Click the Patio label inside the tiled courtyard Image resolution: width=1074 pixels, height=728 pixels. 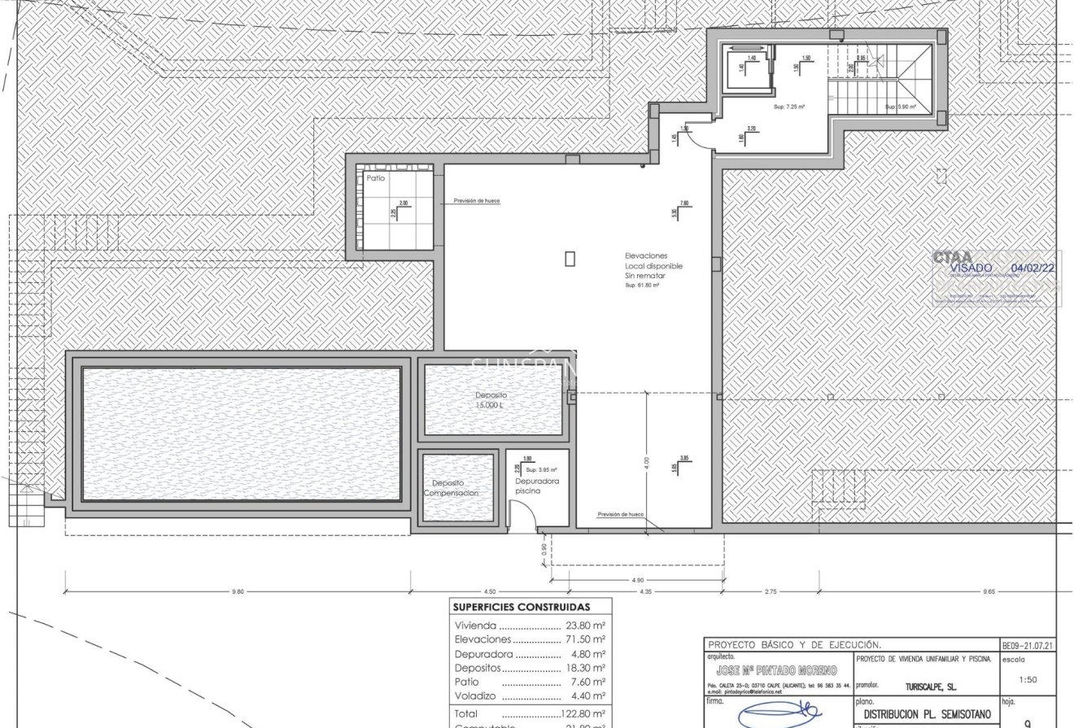(x=376, y=177)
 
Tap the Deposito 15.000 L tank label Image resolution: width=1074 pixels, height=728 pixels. (x=491, y=399)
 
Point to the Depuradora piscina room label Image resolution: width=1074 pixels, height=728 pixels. (x=537, y=486)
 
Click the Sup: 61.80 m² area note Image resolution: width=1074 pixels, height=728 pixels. (x=642, y=286)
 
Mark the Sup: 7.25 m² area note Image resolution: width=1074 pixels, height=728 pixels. (x=788, y=107)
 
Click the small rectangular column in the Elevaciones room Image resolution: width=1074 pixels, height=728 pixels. (x=570, y=259)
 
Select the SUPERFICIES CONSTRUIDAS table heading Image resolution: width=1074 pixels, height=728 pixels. (x=521, y=607)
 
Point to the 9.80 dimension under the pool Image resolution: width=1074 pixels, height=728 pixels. (x=238, y=591)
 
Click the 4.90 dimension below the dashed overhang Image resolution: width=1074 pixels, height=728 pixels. (x=637, y=580)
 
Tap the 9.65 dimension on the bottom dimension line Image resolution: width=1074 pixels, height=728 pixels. (x=989, y=591)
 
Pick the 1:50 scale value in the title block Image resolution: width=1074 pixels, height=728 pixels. (x=1027, y=679)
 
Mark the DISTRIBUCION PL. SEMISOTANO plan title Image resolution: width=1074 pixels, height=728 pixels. (x=925, y=713)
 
